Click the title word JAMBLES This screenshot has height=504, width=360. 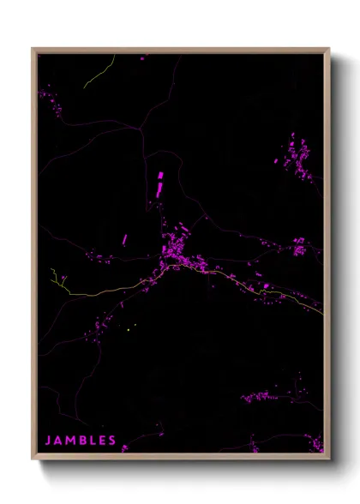pos(81,441)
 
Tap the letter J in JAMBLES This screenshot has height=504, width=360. pos(48,441)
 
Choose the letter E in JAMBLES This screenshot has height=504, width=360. pos(102,441)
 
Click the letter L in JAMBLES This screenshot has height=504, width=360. pos(92,441)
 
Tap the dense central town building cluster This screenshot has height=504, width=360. pos(181,249)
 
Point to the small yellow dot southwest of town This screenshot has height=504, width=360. pos(128,328)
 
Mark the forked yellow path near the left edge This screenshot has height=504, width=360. pos(58,279)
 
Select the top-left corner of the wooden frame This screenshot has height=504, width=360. pos(33,50)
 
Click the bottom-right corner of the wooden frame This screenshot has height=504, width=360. pos(327,459)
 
